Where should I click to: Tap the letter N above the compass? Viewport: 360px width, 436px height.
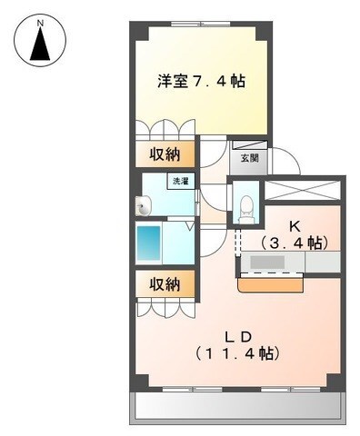[40, 18]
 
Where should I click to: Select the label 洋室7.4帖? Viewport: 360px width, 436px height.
[200, 81]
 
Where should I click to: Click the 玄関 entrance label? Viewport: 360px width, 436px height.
[249, 158]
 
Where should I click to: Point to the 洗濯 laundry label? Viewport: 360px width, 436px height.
[182, 182]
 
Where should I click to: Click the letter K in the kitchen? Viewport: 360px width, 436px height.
[294, 224]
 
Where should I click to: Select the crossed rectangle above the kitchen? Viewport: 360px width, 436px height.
[302, 191]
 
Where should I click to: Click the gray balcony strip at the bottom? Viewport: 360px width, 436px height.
[240, 409]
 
